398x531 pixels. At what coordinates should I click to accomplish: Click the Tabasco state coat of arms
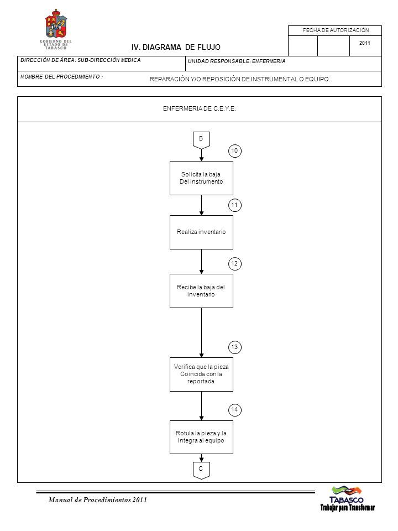[x=56, y=24]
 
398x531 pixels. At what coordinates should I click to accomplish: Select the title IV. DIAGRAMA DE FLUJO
[x=176, y=47]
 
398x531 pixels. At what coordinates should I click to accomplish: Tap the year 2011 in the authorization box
[x=364, y=43]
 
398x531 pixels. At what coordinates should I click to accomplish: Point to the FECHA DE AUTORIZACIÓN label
[x=336, y=30]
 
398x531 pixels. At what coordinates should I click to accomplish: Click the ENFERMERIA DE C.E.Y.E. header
[x=200, y=109]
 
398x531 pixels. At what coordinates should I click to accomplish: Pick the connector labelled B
[x=201, y=140]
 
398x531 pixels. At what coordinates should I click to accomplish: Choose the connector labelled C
[x=201, y=470]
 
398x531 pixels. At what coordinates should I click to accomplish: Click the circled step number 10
[x=235, y=151]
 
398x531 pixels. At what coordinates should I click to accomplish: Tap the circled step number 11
[x=235, y=205]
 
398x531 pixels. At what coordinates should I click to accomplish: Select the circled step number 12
[x=235, y=264]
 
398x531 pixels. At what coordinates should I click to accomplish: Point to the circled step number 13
[x=235, y=347]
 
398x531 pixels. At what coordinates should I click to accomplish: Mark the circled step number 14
[x=235, y=410]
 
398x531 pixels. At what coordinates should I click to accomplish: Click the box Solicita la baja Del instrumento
[x=201, y=178]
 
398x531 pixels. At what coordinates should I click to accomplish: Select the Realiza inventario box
[x=201, y=232]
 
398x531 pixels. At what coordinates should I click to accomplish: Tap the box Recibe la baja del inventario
[x=201, y=291]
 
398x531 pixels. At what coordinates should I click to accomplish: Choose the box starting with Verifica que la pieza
[x=201, y=374]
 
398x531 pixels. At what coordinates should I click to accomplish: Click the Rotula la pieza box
[x=201, y=437]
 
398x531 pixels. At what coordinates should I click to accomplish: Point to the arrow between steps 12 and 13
[x=201, y=332]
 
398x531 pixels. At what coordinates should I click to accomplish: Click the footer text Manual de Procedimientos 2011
[x=98, y=500]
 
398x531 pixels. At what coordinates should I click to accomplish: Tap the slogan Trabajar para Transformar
[x=348, y=508]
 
